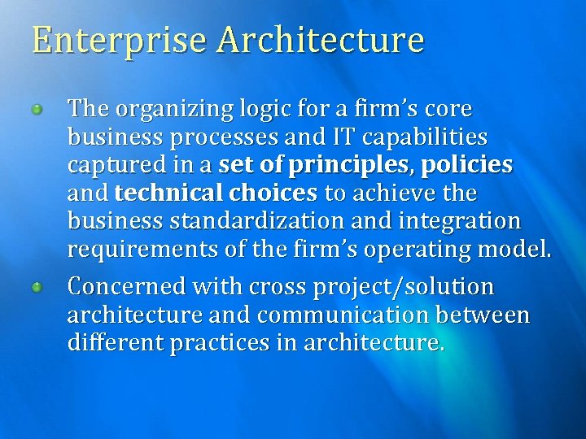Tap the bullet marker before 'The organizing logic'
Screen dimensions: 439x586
tap(37, 110)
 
